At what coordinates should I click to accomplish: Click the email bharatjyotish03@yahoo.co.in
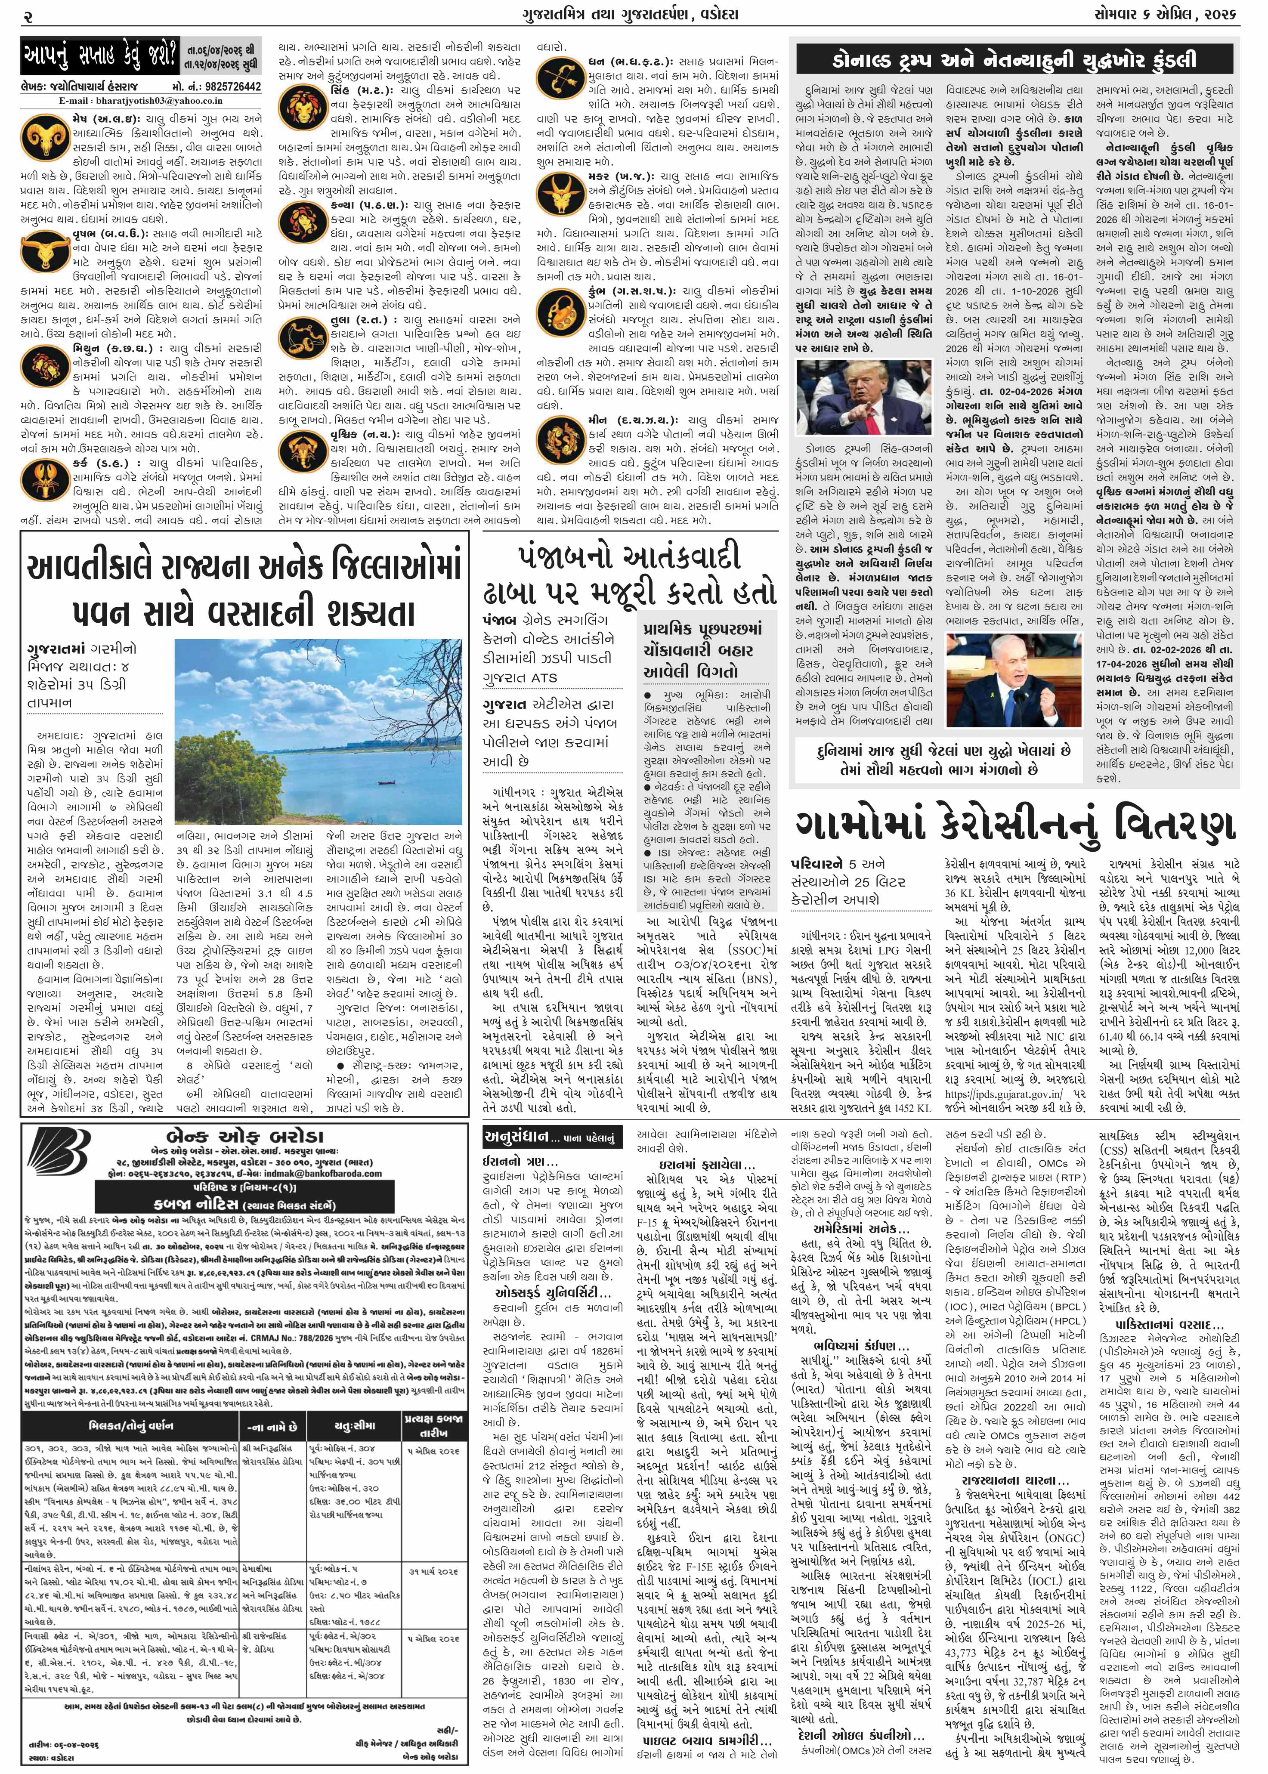tap(141, 100)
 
